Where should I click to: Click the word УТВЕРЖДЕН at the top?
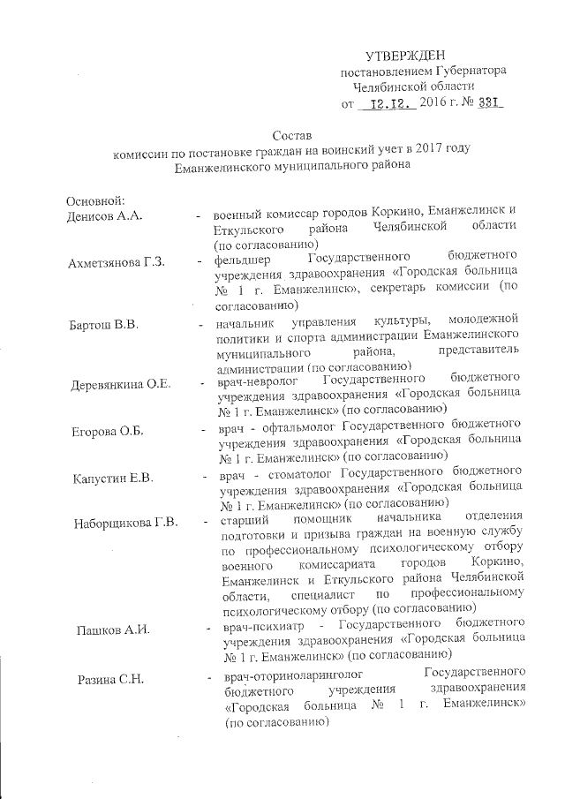click(x=405, y=55)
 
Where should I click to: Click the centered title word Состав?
click(x=291, y=137)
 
